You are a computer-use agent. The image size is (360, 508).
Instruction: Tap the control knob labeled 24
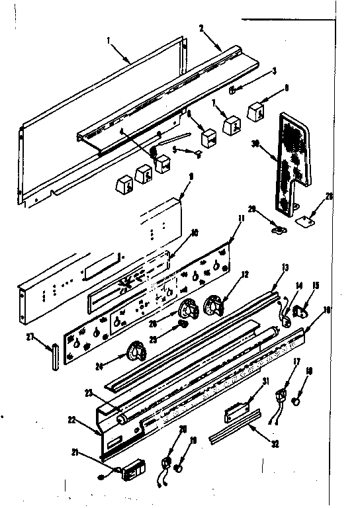click(137, 352)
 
